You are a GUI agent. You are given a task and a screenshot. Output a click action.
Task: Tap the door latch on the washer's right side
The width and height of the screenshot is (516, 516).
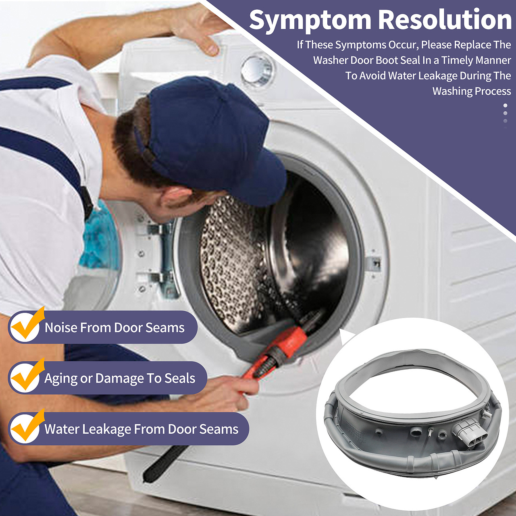[x=374, y=263]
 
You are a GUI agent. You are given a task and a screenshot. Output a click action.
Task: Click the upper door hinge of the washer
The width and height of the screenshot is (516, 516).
[x=158, y=230]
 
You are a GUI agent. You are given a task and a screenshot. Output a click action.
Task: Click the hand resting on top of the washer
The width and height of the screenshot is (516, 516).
[x=198, y=29]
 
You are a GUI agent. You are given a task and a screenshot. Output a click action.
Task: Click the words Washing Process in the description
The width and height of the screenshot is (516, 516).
[x=472, y=92]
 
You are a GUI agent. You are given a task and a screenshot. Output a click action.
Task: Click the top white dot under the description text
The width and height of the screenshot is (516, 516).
[x=505, y=106]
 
